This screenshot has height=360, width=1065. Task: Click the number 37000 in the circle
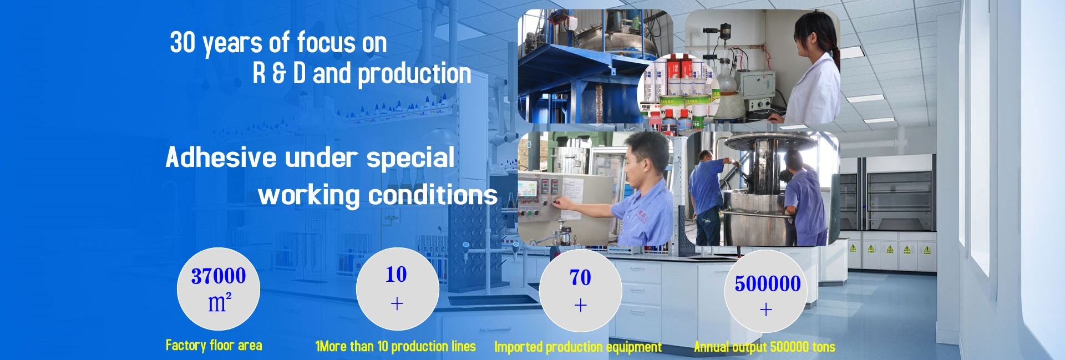(219, 276)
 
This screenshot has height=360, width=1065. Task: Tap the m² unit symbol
(220, 303)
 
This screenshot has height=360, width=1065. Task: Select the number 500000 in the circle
(768, 284)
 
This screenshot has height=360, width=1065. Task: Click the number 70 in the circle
(580, 277)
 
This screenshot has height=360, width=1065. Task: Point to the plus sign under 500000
(766, 310)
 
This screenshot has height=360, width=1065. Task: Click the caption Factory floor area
(214, 346)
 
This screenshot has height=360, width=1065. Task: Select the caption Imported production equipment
(578, 347)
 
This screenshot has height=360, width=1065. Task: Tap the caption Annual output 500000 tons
(764, 347)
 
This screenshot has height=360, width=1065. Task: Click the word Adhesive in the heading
(221, 157)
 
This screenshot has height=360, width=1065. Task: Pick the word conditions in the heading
(433, 195)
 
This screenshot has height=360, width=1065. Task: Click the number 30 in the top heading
(182, 43)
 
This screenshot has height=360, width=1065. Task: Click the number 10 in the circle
(396, 274)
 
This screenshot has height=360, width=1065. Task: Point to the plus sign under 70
(581, 305)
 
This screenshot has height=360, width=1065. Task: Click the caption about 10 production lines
(395, 347)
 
